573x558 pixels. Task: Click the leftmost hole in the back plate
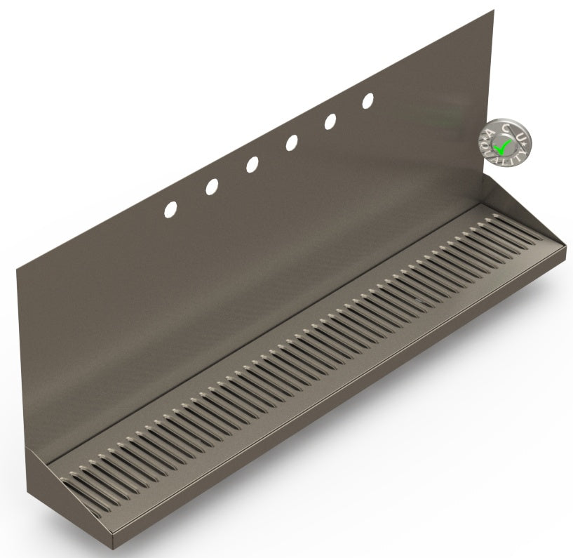[170, 208]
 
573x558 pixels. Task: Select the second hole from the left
[211, 186]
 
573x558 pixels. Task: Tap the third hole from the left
[252, 164]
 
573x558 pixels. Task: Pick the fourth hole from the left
[291, 143]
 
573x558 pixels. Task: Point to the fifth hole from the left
[330, 121]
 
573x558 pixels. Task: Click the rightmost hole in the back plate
[368, 101]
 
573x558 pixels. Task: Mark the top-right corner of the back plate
[493, 11]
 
